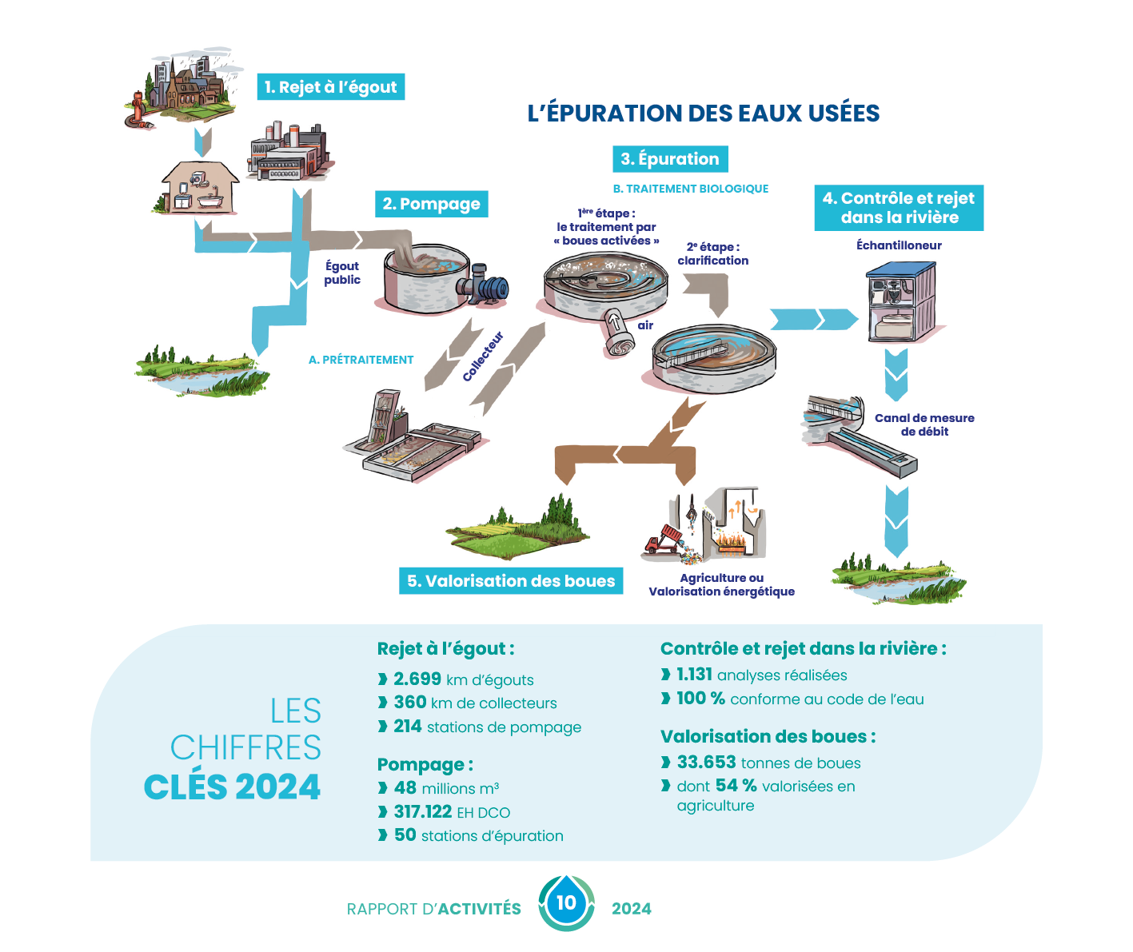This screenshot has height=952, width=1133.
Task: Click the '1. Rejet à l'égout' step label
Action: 330,87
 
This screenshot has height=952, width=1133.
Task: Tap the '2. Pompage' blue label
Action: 431,204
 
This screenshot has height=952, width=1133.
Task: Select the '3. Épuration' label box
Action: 670,159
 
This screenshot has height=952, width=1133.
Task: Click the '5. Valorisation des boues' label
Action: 511,581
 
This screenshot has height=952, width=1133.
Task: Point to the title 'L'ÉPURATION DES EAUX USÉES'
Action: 704,114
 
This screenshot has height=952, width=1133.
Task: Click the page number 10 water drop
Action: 566,903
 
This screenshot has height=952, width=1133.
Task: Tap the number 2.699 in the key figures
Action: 417,679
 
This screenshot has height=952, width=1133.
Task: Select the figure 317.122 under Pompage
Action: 423,812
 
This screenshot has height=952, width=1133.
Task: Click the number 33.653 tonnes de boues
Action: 706,763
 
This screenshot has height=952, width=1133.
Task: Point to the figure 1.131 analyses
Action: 694,675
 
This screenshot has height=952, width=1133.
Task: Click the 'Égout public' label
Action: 342,273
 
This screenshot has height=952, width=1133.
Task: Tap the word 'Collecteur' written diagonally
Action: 483,356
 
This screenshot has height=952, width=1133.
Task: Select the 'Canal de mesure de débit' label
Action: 924,424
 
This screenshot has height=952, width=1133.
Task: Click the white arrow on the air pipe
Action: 616,323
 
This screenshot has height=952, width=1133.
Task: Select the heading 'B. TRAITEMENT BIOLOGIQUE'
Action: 690,189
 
